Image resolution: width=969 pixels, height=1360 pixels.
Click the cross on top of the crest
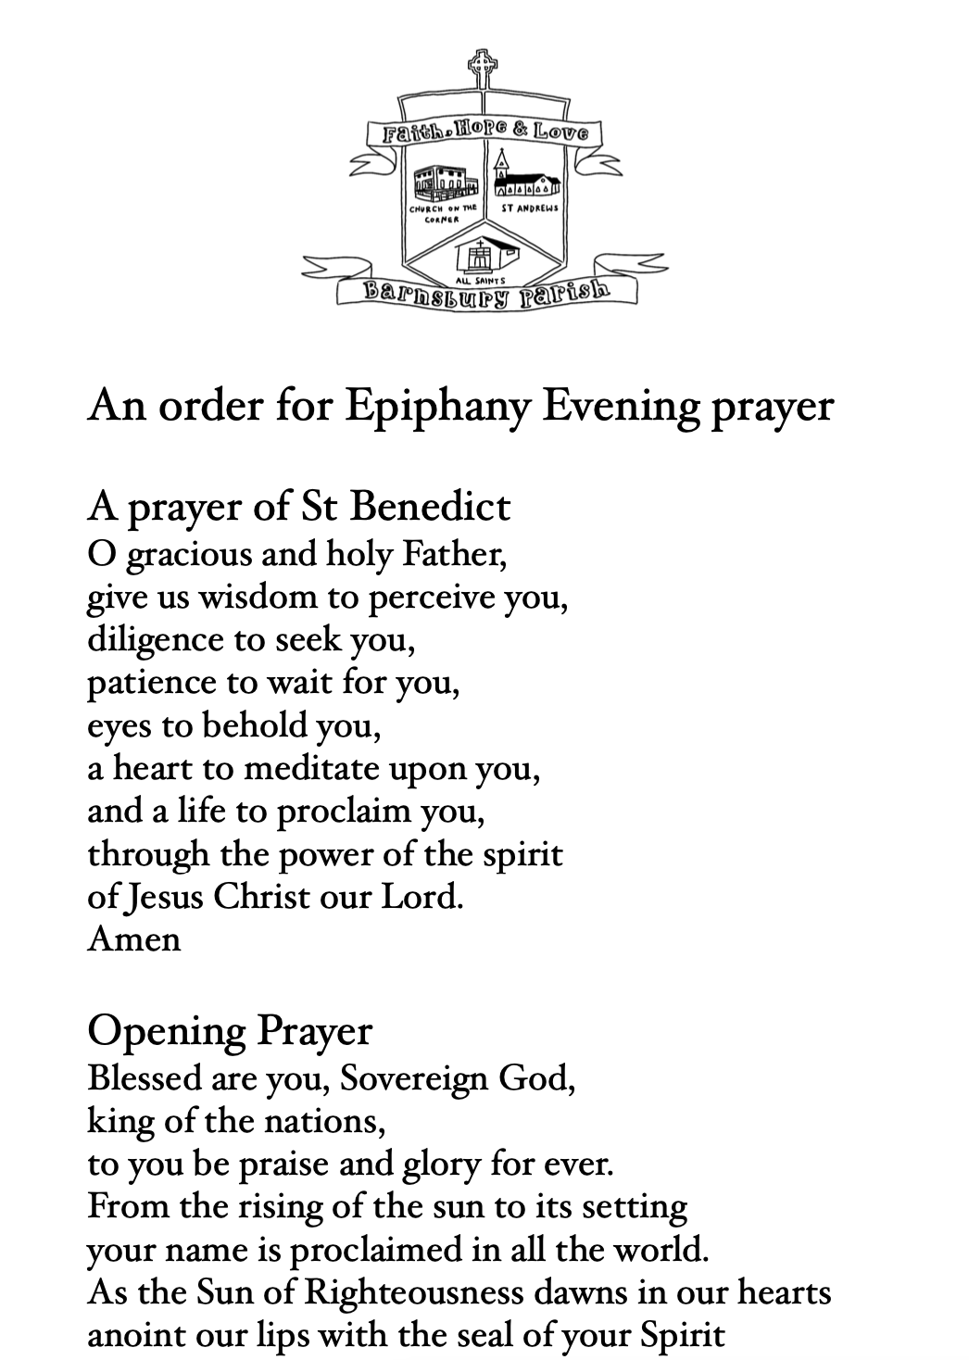point(480,68)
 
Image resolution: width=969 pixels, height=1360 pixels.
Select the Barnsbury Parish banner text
point(487,293)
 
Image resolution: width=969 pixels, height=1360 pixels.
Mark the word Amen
point(133,938)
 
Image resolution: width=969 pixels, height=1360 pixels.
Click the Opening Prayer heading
point(230,1030)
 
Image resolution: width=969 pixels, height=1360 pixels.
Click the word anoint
point(133,1335)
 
